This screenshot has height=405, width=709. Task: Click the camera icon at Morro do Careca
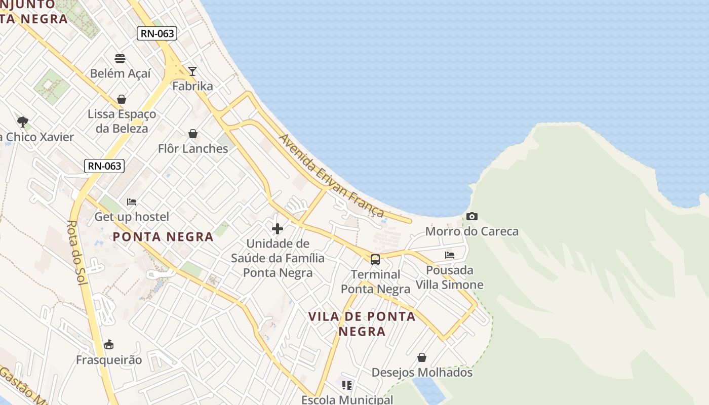click(472, 217)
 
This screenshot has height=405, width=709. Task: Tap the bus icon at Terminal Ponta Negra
click(375, 260)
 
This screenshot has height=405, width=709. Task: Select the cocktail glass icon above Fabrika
click(192, 71)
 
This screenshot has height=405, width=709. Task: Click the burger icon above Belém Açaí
click(120, 59)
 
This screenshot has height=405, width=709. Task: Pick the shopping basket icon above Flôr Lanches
click(193, 134)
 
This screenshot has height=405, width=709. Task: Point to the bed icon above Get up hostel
click(132, 202)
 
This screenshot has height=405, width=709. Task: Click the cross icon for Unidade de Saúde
click(278, 229)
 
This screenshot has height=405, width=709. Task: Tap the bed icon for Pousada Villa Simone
click(450, 255)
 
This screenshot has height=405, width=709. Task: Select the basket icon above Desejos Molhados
click(422, 358)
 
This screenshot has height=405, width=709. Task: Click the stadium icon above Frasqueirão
click(108, 345)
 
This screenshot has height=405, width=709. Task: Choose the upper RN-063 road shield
click(157, 34)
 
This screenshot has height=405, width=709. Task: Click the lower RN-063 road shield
click(105, 166)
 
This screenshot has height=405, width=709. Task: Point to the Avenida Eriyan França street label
click(331, 176)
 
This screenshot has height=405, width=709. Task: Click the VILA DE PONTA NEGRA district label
click(362, 324)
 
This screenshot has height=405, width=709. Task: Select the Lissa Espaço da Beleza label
click(122, 121)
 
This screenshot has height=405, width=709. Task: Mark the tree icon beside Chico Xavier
click(22, 121)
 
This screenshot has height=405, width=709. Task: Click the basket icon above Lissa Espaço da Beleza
click(122, 99)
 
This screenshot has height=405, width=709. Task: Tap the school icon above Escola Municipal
click(347, 385)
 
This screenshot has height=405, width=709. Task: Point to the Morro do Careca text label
click(472, 231)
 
